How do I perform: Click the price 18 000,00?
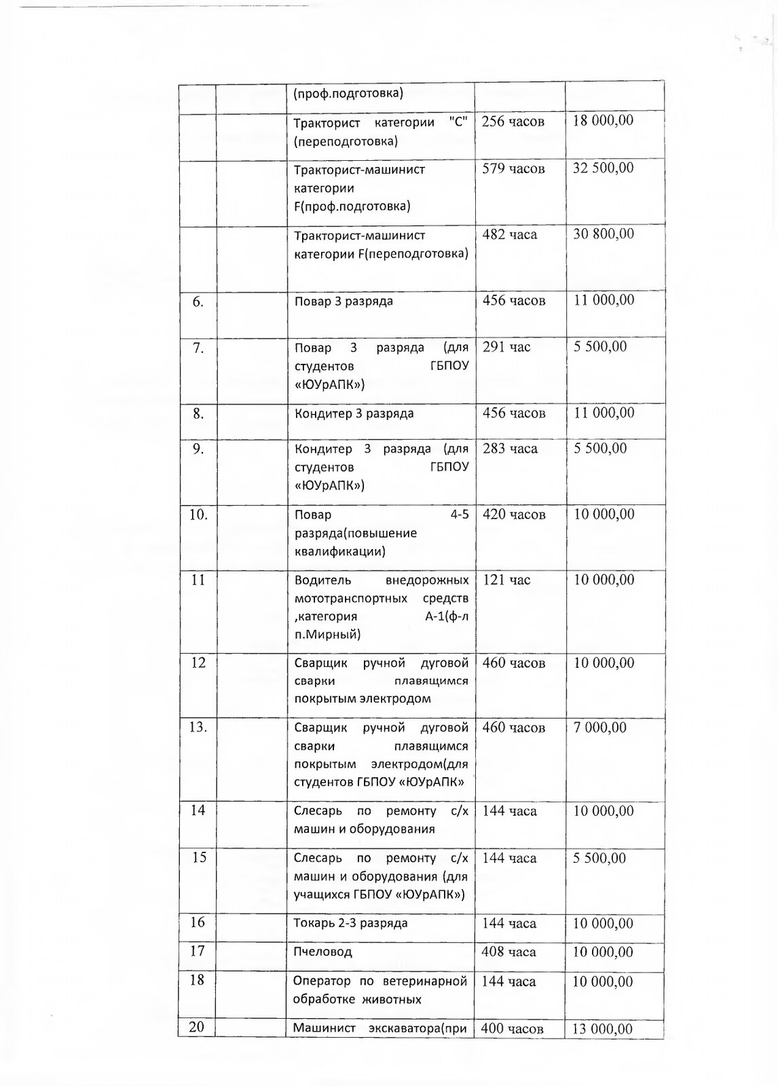pyautogui.click(x=603, y=121)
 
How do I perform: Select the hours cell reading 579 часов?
pyautogui.click(x=513, y=168)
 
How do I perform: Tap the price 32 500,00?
pyautogui.click(x=603, y=168)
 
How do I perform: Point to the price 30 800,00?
pyautogui.click(x=603, y=234)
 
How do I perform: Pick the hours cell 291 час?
pyautogui.click(x=506, y=347)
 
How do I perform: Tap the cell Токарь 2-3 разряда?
pyautogui.click(x=350, y=923)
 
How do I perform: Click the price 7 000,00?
pyautogui.click(x=599, y=728)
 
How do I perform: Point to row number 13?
pyautogui.click(x=198, y=727)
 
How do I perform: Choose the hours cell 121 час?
pyautogui.click(x=506, y=580)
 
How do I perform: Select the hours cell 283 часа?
pyautogui.click(x=510, y=449)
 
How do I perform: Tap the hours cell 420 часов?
pyautogui.click(x=513, y=514)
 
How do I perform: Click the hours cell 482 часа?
pyautogui.click(x=509, y=235)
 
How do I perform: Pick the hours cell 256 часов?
pyautogui.click(x=513, y=121)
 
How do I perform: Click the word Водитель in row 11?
pyautogui.click(x=322, y=580)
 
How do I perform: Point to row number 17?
pyautogui.click(x=197, y=951)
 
